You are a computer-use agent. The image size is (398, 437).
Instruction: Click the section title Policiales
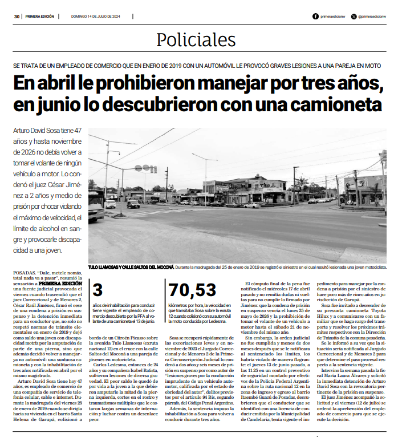(x=199, y=39)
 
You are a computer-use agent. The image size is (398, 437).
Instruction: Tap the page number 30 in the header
(x=18, y=17)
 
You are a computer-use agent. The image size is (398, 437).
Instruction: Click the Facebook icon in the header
(x=316, y=17)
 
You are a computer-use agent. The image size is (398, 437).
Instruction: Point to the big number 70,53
(x=192, y=290)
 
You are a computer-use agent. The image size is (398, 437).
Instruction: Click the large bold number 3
(x=98, y=290)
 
